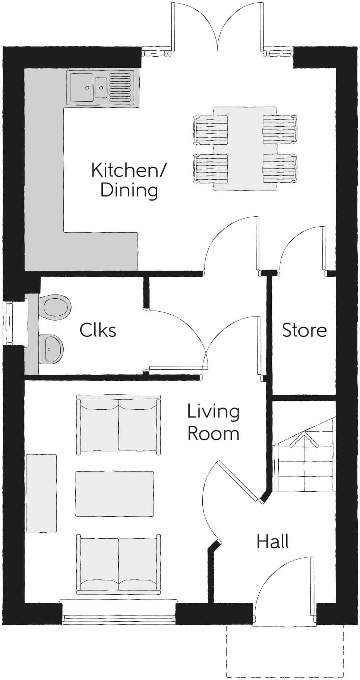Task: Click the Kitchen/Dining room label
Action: (129, 180)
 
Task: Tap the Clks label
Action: (98, 330)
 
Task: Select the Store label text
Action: (304, 330)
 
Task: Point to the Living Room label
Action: (213, 422)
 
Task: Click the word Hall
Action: (272, 541)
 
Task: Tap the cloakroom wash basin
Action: (51, 349)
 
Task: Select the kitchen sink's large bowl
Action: (82, 87)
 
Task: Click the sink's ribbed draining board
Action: (120, 87)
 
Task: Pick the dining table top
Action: (245, 149)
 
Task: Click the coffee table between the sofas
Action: (114, 494)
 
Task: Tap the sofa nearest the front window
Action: (119, 564)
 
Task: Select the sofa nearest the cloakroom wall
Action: (119, 425)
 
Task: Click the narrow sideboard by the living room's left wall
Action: (41, 493)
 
